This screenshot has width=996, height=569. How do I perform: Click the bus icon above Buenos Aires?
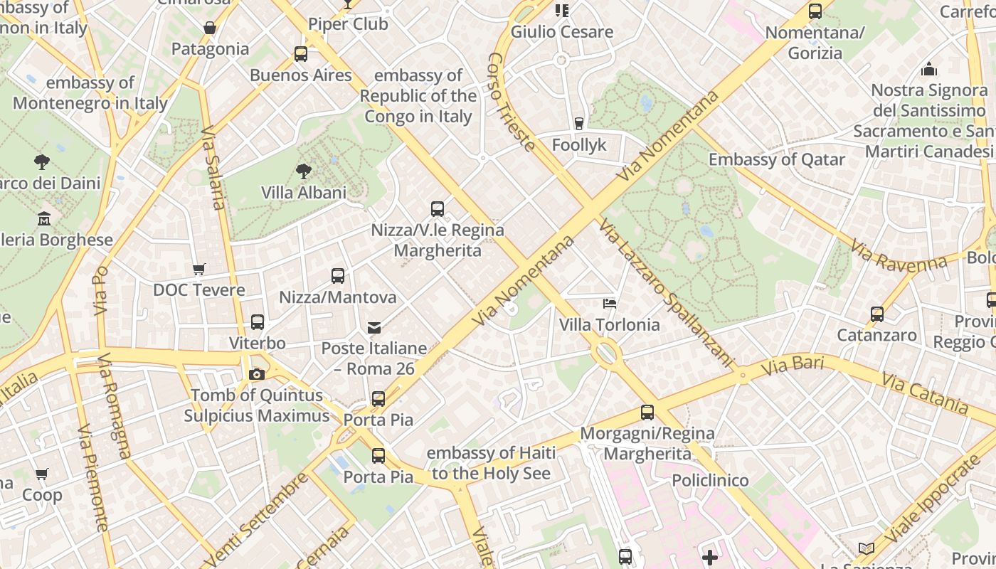(301, 54)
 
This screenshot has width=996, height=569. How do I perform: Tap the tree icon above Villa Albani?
(304, 171)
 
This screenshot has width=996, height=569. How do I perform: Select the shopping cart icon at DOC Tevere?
(199, 269)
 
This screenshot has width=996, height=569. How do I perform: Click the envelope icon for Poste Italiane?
(374, 327)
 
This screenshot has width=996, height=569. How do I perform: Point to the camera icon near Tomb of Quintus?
(257, 374)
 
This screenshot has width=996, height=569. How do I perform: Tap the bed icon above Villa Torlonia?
(610, 304)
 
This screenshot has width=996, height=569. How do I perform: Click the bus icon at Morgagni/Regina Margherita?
(647, 412)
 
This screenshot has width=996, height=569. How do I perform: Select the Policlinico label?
(710, 481)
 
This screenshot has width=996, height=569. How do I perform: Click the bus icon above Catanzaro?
(877, 314)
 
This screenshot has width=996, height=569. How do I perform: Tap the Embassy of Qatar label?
(776, 159)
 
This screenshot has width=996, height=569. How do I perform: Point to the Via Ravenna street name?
(899, 257)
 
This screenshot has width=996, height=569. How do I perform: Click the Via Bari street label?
(792, 366)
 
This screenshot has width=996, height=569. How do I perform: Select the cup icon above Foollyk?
(579, 124)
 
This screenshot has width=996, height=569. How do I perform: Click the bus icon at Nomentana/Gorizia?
(815, 11)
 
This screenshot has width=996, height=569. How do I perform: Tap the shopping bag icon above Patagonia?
(210, 28)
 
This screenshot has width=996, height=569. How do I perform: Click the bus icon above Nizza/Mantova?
(338, 276)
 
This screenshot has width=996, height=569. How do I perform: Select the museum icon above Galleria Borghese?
(44, 218)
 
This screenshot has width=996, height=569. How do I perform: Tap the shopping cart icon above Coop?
(42, 474)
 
